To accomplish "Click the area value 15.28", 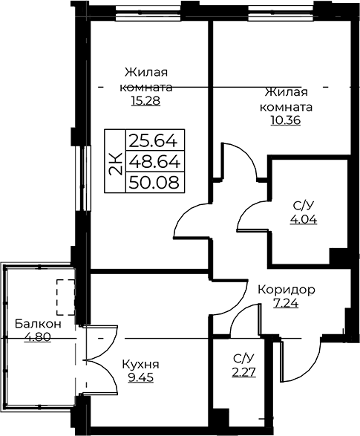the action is coord(146,101).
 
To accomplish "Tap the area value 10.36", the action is coord(286,120).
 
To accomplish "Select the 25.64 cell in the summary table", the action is coord(155,140).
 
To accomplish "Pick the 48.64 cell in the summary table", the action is coord(155,161).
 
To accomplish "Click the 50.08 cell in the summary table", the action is coord(155,183).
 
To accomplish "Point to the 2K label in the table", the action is coord(116,164).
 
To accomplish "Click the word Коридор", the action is coord(287,290).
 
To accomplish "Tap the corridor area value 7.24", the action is coord(287,303).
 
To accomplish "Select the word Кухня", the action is coord(140,364).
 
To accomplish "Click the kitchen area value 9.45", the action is coord(140,377).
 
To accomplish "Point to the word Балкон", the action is coord(38,324).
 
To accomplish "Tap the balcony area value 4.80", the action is coord(38,337).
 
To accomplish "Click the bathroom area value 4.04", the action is coord(304,220).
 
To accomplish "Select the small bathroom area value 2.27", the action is coord(244,372).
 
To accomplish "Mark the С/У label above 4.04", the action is coord(304,206).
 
